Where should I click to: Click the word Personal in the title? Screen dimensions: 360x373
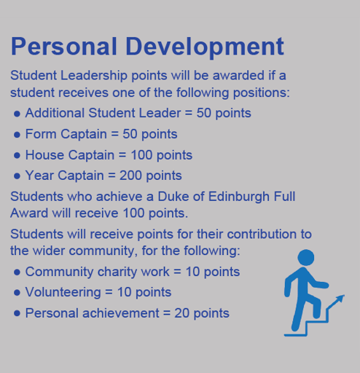click(64, 46)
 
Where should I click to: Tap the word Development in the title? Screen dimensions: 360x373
click(205, 47)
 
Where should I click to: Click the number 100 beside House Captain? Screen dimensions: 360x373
click(141, 154)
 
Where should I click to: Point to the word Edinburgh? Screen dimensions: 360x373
click(239, 197)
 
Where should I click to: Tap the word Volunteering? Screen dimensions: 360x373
click(63, 292)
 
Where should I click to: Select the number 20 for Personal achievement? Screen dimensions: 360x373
click(181, 313)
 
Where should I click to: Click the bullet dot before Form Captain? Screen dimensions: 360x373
click(17, 135)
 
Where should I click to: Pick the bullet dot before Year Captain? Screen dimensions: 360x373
click(17, 176)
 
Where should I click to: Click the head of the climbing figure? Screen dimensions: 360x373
click(306, 257)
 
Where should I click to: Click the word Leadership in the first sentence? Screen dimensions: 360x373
click(94, 76)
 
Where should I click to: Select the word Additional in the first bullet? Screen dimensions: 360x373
click(55, 113)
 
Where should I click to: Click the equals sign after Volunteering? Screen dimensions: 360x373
click(109, 292)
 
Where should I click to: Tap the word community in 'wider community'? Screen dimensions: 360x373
click(101, 251)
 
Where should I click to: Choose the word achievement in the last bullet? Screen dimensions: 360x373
click(121, 313)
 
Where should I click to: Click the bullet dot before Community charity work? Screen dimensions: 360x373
click(17, 272)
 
